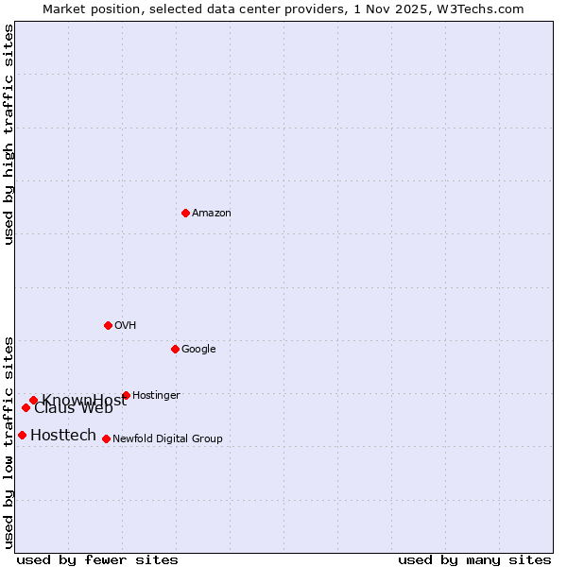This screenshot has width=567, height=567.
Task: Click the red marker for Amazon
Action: (185, 213)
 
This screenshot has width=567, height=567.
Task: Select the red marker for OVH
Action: (108, 325)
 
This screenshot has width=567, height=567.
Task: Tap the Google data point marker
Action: (175, 349)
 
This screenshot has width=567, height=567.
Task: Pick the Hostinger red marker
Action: (126, 395)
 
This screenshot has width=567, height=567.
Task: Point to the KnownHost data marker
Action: (33, 400)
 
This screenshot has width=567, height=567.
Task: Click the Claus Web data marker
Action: (26, 407)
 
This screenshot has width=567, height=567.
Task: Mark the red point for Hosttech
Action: (22, 435)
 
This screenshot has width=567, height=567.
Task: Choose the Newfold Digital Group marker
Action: (106, 438)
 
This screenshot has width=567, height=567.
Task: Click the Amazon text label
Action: (212, 214)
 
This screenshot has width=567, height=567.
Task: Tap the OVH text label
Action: (126, 326)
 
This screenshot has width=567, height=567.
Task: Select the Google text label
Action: (198, 350)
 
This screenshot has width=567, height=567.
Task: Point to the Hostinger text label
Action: (156, 396)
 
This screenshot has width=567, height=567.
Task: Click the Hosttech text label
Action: (63, 436)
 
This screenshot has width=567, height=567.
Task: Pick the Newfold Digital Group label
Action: (167, 439)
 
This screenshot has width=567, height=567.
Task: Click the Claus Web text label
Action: (74, 409)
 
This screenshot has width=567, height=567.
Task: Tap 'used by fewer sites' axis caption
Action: (97, 559)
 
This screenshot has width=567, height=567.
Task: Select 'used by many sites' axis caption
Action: (474, 559)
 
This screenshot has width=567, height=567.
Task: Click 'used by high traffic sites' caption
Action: (9, 134)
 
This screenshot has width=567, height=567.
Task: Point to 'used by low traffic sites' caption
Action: (9, 441)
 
